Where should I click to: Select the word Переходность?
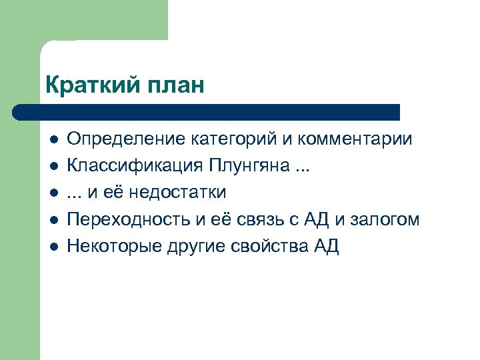pyautogui.click(x=127, y=220)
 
